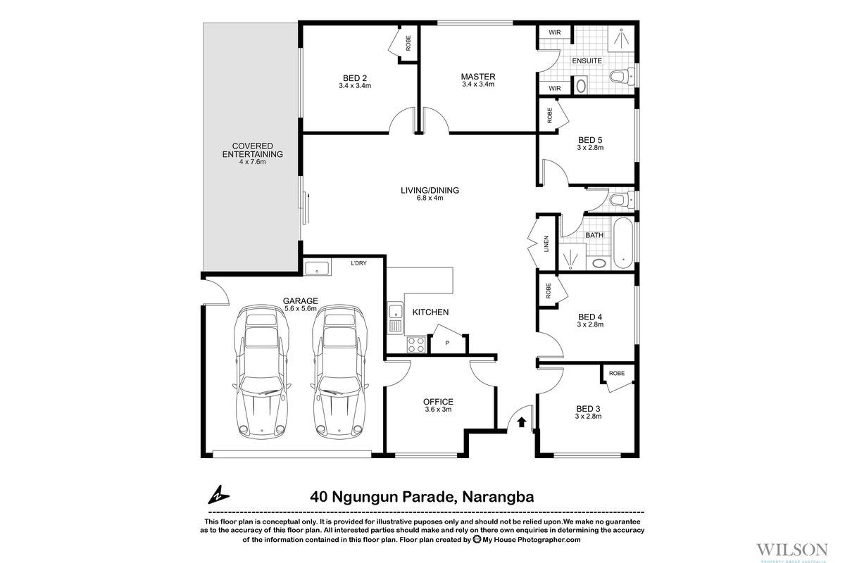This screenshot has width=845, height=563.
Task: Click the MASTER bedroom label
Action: click(478, 76)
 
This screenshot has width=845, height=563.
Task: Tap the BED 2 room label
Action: click(354, 77)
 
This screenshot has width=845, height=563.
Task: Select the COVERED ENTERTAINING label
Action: click(252, 150)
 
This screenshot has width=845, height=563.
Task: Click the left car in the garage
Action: click(263, 373)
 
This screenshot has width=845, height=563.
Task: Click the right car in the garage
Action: click(337, 373)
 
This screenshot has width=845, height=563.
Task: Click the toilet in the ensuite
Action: click(619, 77)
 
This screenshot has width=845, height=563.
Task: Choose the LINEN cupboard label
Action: click(547, 242)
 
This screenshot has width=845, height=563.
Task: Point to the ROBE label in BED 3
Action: click(617, 373)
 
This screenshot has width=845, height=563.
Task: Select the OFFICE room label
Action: click(439, 402)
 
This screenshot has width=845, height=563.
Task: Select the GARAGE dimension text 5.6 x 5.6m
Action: click(301, 308)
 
